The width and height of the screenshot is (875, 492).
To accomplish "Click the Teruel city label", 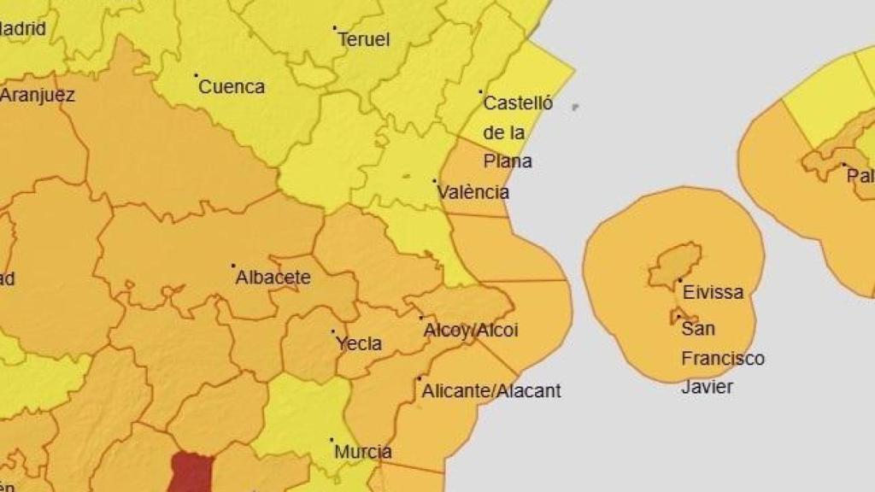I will coord(364,39).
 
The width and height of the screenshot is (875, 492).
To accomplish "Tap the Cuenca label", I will coord(232,86).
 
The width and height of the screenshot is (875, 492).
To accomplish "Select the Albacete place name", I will coord(273,278).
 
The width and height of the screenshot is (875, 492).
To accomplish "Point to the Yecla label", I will coord(359,344).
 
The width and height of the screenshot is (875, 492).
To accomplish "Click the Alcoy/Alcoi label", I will coord(471,331).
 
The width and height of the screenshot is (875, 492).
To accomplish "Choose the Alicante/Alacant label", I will coord(491,391).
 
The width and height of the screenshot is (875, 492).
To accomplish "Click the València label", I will coord(473,192).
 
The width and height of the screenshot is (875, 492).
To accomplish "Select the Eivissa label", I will coord(714,292).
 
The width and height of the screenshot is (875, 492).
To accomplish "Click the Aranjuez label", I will coord(37,95).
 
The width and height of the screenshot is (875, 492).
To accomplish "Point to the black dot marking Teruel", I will coord(335,27).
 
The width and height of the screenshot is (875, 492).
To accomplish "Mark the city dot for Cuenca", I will coord(196,75).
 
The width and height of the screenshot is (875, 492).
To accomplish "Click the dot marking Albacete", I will coord(233,266).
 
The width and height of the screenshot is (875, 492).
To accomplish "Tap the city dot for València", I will coord(435,181).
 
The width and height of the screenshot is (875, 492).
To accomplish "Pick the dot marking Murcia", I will coord(332,441).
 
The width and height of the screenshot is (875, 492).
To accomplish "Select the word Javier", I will coord(707,386).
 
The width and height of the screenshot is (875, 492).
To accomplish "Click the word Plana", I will coord(508,161).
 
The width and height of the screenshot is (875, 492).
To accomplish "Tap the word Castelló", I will coord(518,103).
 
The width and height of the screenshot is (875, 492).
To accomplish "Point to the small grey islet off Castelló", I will coord(575,107).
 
